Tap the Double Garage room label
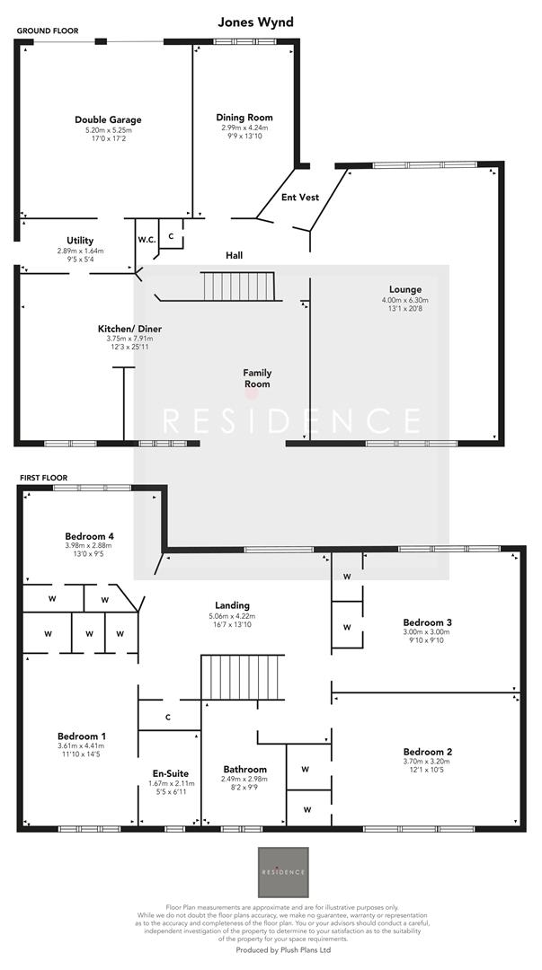click(108, 119)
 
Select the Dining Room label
click(244, 118)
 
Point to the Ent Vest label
click(300, 197)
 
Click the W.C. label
click(147, 240)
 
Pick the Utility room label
click(80, 240)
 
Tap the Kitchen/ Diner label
click(129, 329)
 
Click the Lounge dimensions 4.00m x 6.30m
click(405, 300)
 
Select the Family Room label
click(257, 378)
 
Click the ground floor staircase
click(236, 287)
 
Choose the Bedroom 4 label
click(89, 536)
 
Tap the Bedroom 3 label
click(427, 622)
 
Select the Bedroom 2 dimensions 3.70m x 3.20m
click(427, 763)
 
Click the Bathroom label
click(244, 770)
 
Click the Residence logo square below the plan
click(283, 871)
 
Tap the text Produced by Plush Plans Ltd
click(283, 949)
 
